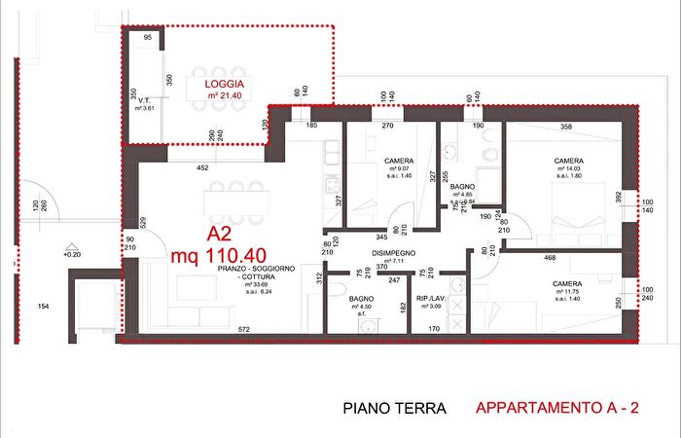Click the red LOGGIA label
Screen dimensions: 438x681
pyautogui.click(x=224, y=85)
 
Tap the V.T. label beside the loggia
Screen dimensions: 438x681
pyautogui.click(x=142, y=100)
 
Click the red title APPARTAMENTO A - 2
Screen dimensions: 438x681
pyautogui.click(x=556, y=409)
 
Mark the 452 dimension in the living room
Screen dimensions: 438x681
pyautogui.click(x=202, y=168)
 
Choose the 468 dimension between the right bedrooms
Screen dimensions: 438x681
pyautogui.click(x=550, y=258)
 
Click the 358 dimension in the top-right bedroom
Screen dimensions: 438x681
pyautogui.click(x=565, y=128)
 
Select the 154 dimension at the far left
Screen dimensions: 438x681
pyautogui.click(x=43, y=308)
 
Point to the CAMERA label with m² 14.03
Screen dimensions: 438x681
pyautogui.click(x=569, y=162)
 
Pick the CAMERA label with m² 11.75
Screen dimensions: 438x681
pyautogui.click(x=567, y=284)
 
